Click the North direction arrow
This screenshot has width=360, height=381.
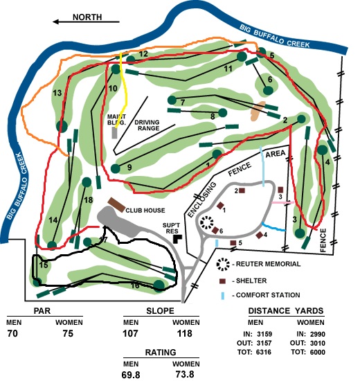coord(87,22)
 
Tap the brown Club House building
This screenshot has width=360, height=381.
coord(116,205)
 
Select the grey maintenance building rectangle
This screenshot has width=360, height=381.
coord(115,133)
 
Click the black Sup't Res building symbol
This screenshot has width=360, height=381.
coord(177,239)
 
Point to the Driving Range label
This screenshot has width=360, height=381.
coord(147,125)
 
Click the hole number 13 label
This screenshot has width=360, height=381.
coord(57,93)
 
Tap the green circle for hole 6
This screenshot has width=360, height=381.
coord(268,90)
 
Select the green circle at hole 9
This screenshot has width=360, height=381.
coord(116,168)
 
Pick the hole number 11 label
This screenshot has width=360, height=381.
coord(228,69)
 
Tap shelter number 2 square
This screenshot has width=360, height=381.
coord(242,190)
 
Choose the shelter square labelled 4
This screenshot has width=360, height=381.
coord(260,236)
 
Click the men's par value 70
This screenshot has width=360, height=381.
coord(12,333)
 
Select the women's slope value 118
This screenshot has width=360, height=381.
coord(185,333)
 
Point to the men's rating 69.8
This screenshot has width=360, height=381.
coord(131,375)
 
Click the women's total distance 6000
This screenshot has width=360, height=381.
coord(318,352)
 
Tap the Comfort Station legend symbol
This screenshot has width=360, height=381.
coord(223,296)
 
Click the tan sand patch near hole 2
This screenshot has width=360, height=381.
coord(258,111)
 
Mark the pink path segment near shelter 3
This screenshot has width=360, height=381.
coord(282,202)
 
